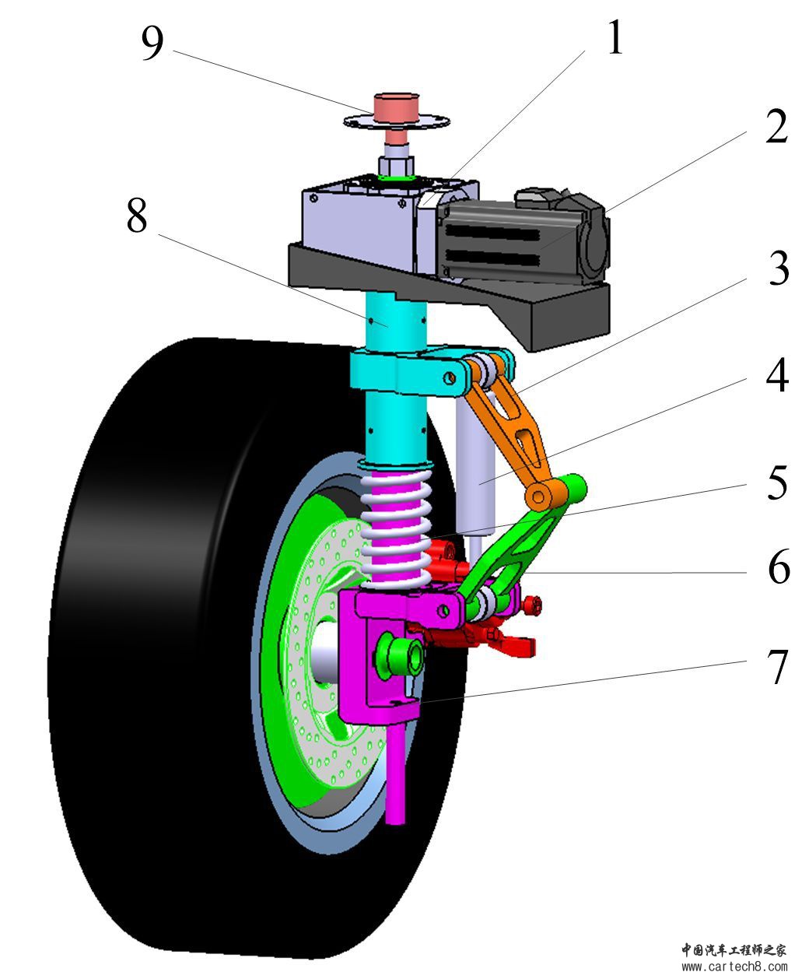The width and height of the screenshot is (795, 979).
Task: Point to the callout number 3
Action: click(777, 268)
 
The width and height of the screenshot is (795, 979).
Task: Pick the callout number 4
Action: click(777, 378)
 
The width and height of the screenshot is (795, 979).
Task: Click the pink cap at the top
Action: click(397, 108)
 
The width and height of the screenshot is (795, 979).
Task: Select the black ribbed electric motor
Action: click(513, 233)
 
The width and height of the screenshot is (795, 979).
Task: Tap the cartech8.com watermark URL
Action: click(734, 967)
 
